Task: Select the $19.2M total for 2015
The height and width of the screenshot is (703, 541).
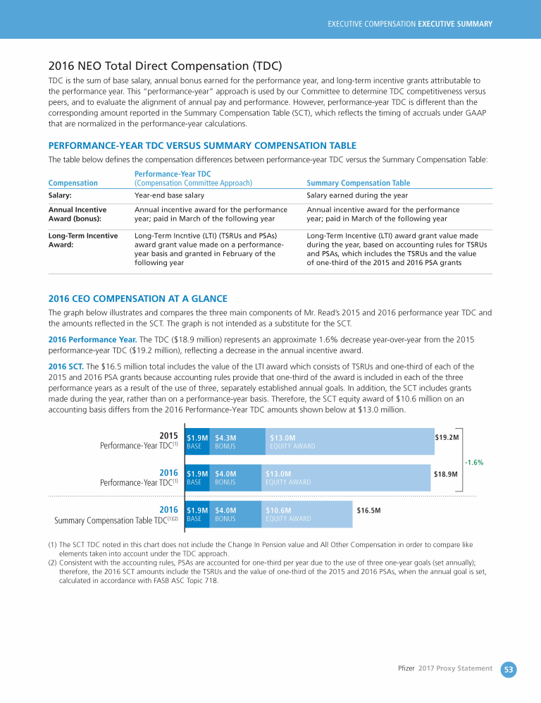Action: coord(447,437)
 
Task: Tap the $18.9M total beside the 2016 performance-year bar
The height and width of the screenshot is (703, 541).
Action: coord(445,474)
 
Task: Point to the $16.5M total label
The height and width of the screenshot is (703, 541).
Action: coord(369,510)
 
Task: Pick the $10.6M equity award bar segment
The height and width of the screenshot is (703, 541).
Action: coord(306,514)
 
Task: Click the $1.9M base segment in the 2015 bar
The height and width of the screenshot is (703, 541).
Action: coord(197,441)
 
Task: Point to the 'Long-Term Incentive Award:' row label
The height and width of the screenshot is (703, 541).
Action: coord(82,240)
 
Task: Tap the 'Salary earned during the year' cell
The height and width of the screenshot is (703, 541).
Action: coord(357,195)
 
